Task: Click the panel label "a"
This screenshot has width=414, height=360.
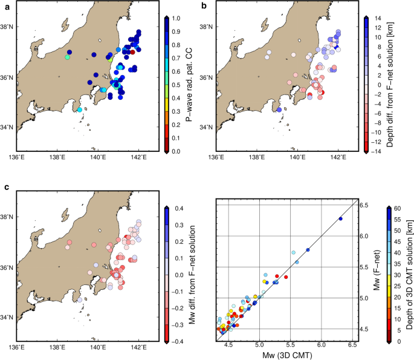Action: tap(4, 6)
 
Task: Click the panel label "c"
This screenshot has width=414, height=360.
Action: tap(4, 188)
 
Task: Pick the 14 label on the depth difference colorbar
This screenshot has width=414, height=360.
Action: tap(377, 19)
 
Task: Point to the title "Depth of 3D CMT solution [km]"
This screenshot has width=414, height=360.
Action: tap(410, 274)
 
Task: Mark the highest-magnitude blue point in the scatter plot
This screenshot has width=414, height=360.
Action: tap(340, 218)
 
